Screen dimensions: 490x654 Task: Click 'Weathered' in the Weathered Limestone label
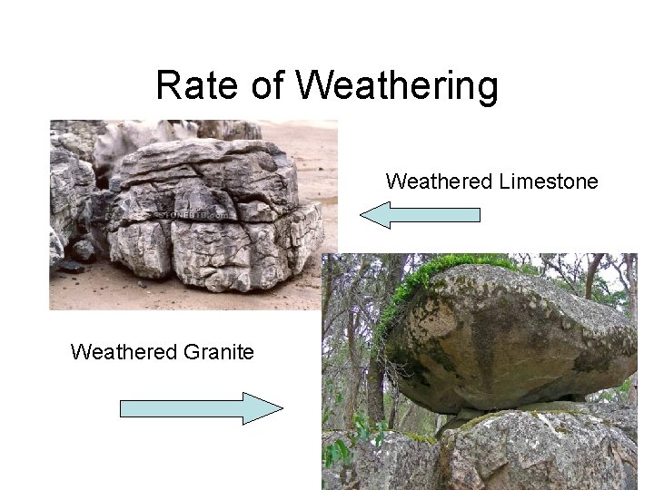pyautogui.click(x=439, y=181)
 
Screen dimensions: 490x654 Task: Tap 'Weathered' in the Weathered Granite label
pyautogui.click(x=119, y=351)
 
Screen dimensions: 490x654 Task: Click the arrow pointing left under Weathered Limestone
pyautogui.click(x=420, y=215)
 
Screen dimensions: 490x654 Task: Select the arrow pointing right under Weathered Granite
pyautogui.click(x=202, y=408)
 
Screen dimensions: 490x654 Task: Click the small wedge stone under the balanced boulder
pyautogui.click(x=572, y=400)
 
